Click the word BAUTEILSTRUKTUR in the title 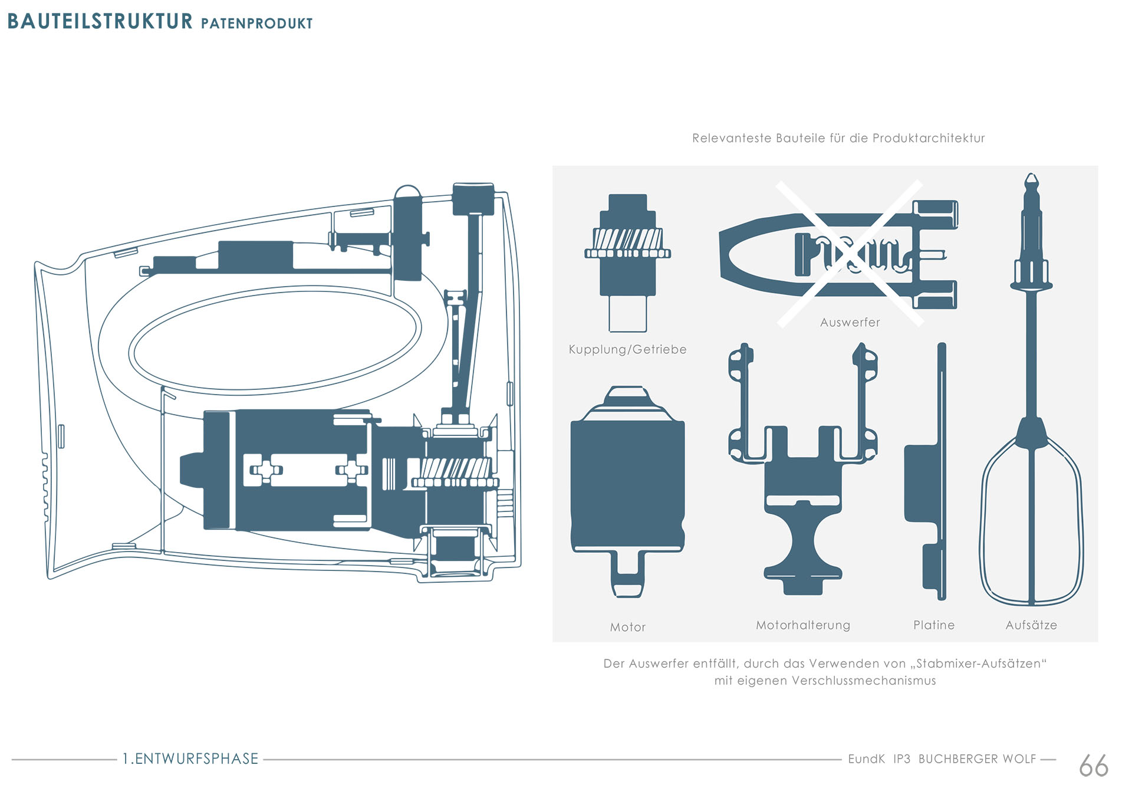[100, 21]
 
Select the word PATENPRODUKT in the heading [256, 24]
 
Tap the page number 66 [1093, 766]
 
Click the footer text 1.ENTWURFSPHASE [190, 759]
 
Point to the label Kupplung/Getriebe [627, 349]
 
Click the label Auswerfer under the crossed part [850, 322]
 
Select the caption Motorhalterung [803, 625]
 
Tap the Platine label [934, 625]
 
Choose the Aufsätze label [1031, 625]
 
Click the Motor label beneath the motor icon [628, 627]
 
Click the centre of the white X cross [850, 254]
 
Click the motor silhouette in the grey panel [627, 484]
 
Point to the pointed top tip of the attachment [1031, 178]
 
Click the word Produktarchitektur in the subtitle [928, 138]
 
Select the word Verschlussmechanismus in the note [864, 681]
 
